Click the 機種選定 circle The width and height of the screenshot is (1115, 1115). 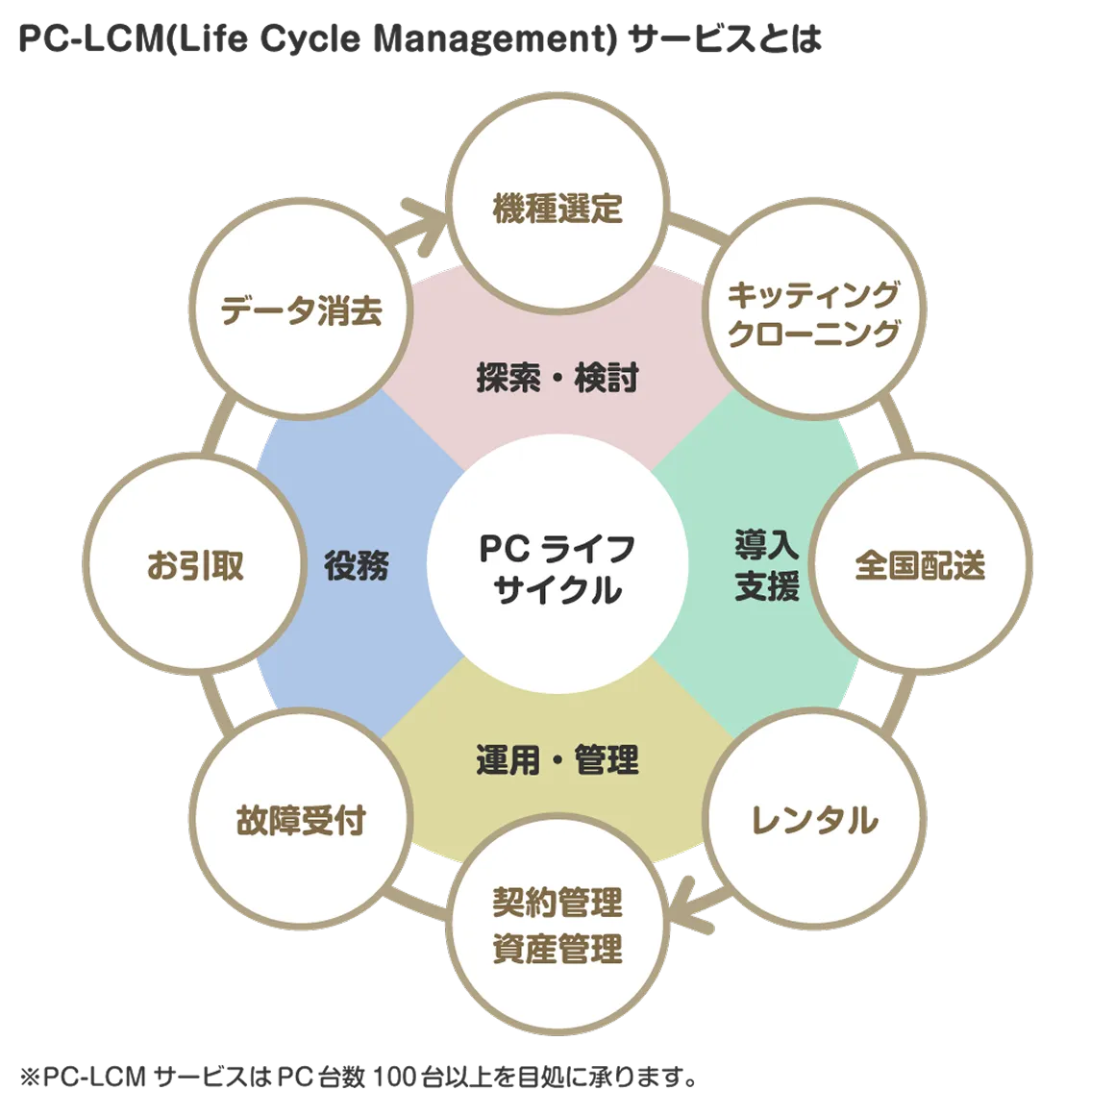557,208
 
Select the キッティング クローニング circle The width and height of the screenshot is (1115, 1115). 813,312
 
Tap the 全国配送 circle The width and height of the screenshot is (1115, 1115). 920,565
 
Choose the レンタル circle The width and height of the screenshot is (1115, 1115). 813,820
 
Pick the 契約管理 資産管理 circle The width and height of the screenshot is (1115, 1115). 557,926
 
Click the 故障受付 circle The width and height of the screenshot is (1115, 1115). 301,820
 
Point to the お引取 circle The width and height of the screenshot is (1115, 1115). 195,565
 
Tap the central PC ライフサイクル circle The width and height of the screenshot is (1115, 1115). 557,567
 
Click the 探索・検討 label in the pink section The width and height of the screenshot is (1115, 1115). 557,378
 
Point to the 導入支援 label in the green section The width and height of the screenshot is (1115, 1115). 766,565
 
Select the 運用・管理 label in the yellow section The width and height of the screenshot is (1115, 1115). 557,760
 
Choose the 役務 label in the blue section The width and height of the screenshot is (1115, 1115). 356,565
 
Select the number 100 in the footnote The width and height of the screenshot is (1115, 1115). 391,1078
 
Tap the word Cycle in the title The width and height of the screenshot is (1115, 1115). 311,39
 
